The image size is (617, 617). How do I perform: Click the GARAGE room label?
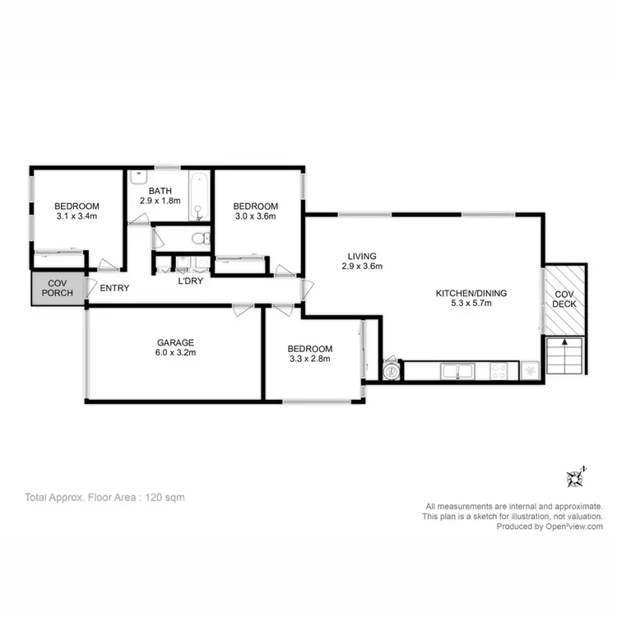[x=176, y=341]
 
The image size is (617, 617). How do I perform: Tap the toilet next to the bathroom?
[x=198, y=239]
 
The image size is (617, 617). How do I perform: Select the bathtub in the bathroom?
[x=200, y=196]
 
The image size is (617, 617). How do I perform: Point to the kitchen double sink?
[x=458, y=372]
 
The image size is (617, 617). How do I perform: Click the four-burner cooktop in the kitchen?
[x=499, y=372]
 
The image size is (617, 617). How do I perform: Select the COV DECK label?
[x=564, y=299]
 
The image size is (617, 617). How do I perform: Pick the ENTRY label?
[x=114, y=288]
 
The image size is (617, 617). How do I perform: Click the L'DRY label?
[x=192, y=281]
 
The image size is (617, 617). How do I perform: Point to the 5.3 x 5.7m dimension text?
[x=471, y=304]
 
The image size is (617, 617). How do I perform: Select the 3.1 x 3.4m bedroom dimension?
[x=77, y=216]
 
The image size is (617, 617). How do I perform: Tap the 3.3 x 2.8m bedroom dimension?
[x=310, y=360]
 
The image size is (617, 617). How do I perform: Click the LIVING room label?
[x=362, y=256]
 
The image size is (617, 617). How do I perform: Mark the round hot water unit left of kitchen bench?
[x=392, y=371]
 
